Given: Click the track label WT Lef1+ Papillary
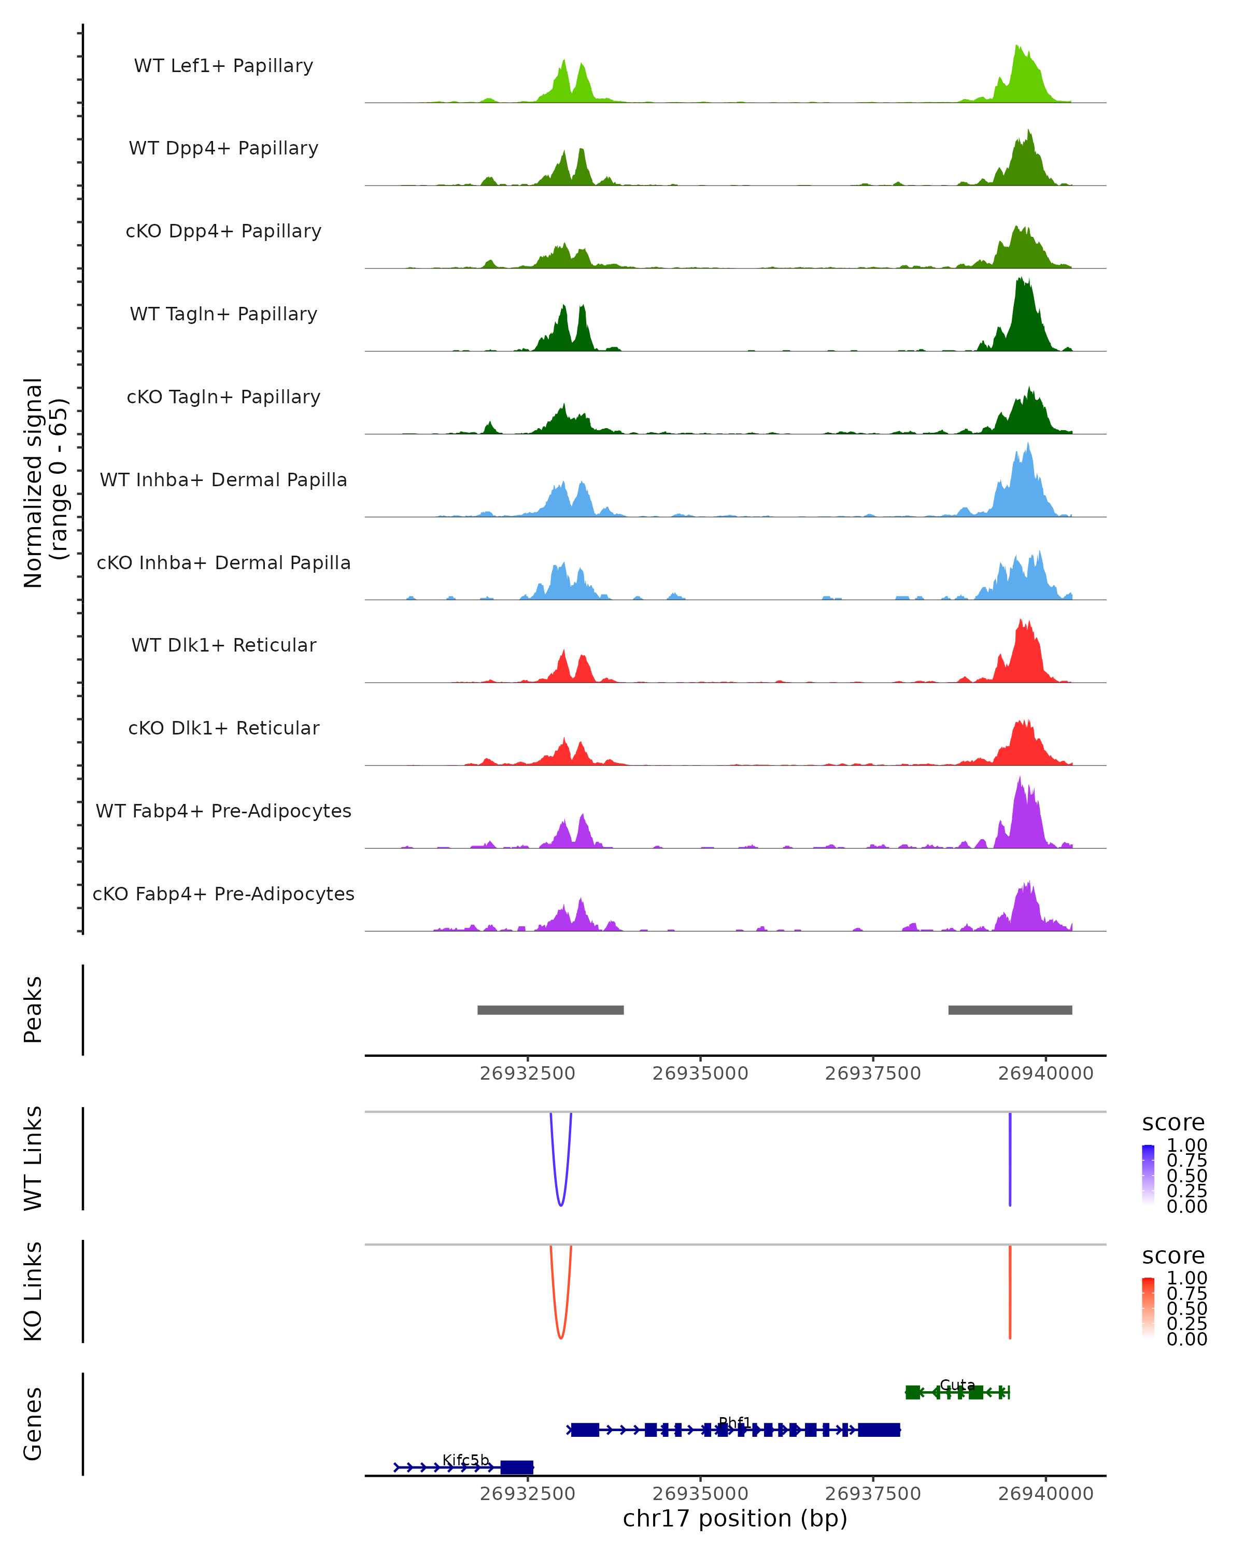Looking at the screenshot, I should (x=223, y=66).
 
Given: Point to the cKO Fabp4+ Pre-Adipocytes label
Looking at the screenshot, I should (x=223, y=894).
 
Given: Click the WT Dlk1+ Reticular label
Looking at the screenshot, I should (x=223, y=645).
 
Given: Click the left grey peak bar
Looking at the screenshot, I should (x=550, y=1010).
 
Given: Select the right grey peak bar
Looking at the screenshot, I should (x=1010, y=1010).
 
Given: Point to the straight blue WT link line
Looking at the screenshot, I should (x=1010, y=1161).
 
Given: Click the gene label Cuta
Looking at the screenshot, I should (x=957, y=1385).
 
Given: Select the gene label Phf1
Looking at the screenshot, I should (x=734, y=1422).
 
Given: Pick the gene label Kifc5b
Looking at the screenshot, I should (x=465, y=1460).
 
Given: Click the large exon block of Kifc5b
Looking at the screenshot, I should (x=516, y=1467).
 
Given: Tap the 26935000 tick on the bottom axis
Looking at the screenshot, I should (x=700, y=1494).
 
